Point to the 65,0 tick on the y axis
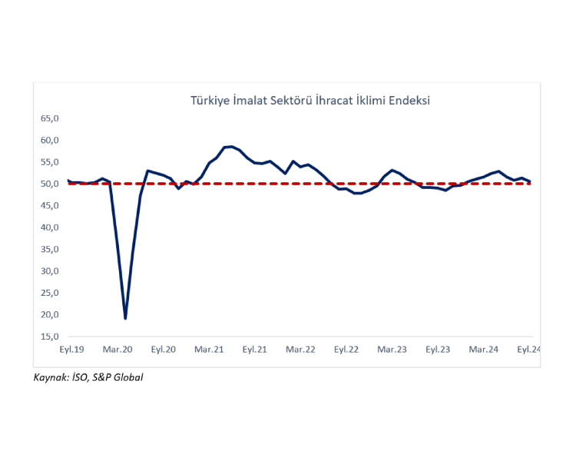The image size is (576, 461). [x=49, y=118]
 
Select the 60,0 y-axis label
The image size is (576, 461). [x=49, y=140]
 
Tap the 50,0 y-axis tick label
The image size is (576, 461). [x=49, y=184]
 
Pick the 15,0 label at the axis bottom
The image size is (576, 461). [x=49, y=337]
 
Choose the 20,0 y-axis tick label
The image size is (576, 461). [x=49, y=315]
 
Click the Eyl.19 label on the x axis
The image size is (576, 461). [x=71, y=350]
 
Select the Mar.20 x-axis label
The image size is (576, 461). [x=118, y=350]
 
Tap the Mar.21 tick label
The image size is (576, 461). [x=209, y=350]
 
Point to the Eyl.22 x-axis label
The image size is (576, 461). [x=346, y=350]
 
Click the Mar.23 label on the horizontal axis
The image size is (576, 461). [x=392, y=350]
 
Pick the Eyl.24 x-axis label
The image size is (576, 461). [x=528, y=350]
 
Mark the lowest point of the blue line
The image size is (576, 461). [x=125, y=317]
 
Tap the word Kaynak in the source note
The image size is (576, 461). [x=49, y=377]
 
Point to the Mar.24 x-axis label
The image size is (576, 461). [x=484, y=350]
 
